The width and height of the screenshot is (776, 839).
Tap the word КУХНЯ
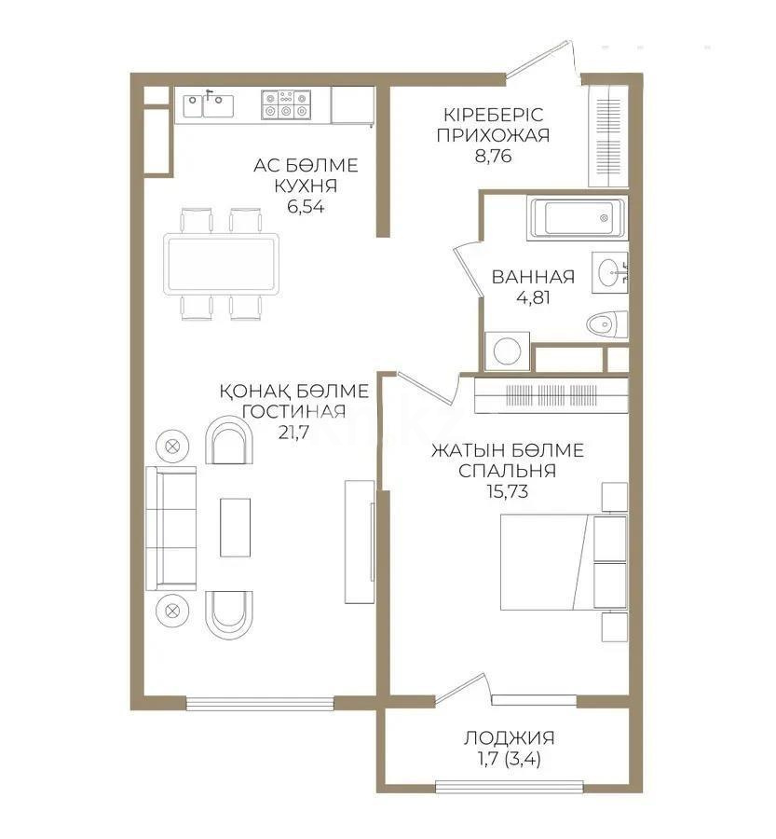(306, 186)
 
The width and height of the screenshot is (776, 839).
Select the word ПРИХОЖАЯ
(493, 135)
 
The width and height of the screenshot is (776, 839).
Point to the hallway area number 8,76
(493, 156)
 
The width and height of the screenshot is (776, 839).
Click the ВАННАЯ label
(532, 277)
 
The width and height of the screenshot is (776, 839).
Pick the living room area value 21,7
(293, 432)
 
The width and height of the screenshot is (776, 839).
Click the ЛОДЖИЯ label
(503, 739)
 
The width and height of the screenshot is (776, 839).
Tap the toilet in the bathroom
(607, 324)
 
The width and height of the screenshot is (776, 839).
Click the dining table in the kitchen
(221, 264)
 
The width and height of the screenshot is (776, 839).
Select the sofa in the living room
(172, 529)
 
